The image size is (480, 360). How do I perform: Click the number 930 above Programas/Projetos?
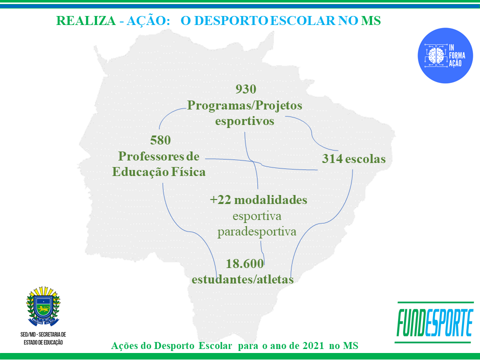246,89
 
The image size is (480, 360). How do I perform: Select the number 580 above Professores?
160,140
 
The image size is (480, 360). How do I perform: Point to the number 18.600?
244,263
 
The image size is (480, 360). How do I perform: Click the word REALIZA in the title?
86,21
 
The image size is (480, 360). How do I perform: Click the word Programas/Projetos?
244,106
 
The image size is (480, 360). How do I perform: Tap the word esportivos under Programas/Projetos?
244,121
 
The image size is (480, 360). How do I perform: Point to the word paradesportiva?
257,231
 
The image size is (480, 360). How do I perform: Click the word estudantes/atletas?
243,279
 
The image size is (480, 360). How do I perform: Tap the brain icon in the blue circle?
436,55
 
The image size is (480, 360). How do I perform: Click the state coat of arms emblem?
43,306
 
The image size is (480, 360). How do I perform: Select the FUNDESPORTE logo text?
434,322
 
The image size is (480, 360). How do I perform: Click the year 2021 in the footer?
313,345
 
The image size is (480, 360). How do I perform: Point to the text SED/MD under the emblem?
27,334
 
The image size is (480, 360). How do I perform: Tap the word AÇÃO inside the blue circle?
455,63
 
